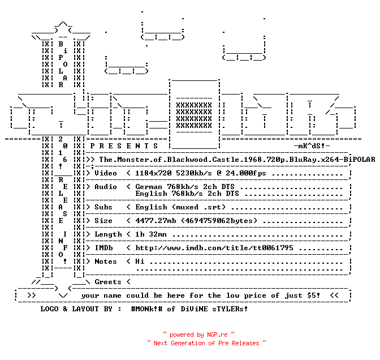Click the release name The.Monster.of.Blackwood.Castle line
(x=237, y=160)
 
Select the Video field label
(x=106, y=173)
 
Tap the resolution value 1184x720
(x=153, y=173)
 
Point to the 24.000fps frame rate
(x=246, y=173)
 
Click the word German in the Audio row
(x=149, y=187)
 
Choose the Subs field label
(x=103, y=207)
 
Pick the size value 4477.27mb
(x=156, y=221)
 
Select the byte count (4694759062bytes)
(x=219, y=221)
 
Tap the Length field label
(x=108, y=234)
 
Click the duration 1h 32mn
(x=151, y=234)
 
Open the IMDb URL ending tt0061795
(x=214, y=248)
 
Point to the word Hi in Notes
(x=140, y=262)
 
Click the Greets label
(x=108, y=282)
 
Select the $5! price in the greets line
(x=314, y=295)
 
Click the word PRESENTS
(x=124, y=146)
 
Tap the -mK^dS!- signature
(x=312, y=146)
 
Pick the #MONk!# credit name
(x=146, y=309)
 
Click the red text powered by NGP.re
(x=198, y=335)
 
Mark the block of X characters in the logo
(x=194, y=115)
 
